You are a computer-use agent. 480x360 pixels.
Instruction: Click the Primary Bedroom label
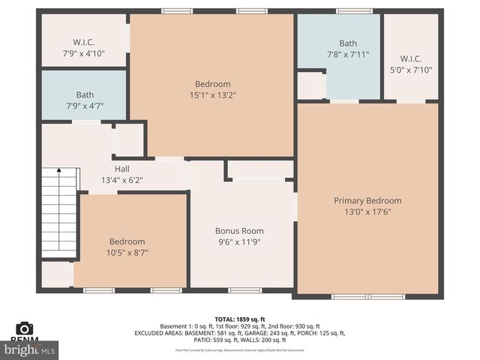(x=367, y=200)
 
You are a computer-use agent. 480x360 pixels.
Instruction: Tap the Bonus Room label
(x=239, y=230)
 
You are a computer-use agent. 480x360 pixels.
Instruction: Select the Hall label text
(x=121, y=169)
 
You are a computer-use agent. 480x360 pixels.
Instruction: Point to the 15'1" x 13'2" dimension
(x=212, y=95)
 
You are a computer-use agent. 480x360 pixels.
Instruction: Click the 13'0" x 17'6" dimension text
(x=367, y=211)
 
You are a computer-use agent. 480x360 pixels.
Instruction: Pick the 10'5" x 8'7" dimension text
(x=127, y=253)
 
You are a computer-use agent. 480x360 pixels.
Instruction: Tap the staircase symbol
(x=59, y=211)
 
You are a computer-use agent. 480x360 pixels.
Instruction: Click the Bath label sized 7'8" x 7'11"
(x=348, y=43)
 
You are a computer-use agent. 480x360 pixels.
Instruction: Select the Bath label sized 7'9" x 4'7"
(x=85, y=95)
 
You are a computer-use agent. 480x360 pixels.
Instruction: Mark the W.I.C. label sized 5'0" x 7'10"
(x=411, y=58)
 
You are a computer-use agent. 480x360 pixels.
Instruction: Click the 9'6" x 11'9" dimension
(x=239, y=241)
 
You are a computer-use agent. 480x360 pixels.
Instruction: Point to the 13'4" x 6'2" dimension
(x=121, y=180)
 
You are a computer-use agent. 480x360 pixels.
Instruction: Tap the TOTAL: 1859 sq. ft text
(x=240, y=319)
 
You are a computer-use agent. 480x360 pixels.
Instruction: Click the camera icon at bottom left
(x=25, y=328)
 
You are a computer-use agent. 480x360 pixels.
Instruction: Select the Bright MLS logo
(x=30, y=349)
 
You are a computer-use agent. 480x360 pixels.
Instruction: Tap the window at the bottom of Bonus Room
(x=244, y=290)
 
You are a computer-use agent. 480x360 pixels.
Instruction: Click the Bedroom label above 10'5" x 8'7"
(x=127, y=241)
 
